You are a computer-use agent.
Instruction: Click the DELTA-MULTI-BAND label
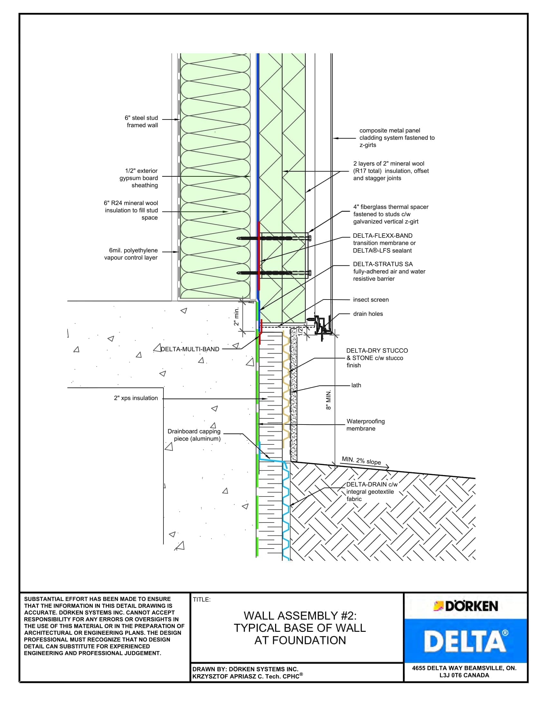[x=190, y=349]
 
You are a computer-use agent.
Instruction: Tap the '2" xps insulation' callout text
[x=136, y=398]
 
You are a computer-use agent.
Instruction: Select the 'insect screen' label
[x=371, y=300]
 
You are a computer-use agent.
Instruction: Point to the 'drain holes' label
[x=368, y=314]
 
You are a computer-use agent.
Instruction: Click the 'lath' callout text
[x=356, y=385]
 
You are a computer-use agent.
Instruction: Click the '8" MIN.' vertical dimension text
[x=329, y=400]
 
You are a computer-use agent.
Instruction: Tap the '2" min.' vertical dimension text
[x=236, y=316]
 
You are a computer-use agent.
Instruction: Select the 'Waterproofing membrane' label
[x=366, y=425]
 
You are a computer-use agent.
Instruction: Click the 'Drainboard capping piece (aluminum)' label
[x=194, y=435]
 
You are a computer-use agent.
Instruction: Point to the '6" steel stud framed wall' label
[x=142, y=121]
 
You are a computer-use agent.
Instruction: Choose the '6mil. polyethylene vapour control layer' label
[x=131, y=254]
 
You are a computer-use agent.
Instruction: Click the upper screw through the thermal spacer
[x=274, y=238]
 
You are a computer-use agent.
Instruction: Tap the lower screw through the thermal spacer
[x=274, y=273]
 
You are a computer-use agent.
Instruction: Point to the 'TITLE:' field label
[x=201, y=600]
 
